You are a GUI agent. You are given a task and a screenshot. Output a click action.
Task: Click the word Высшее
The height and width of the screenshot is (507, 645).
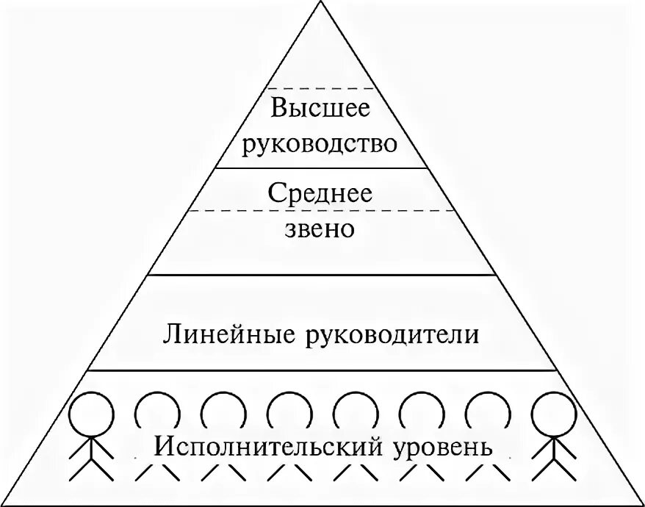(320, 110)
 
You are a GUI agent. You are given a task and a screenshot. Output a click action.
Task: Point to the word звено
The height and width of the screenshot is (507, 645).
(320, 229)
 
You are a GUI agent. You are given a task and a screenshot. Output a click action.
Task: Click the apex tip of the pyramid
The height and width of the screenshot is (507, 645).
(321, 3)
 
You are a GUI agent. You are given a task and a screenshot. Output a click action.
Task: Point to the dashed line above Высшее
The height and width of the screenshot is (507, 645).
(320, 88)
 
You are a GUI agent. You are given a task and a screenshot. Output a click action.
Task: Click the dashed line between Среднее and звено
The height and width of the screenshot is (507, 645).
(320, 212)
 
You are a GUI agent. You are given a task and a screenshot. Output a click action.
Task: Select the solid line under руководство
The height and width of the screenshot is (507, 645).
(320, 168)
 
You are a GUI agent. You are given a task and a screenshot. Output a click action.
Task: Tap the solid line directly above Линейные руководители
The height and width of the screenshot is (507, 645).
(320, 276)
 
